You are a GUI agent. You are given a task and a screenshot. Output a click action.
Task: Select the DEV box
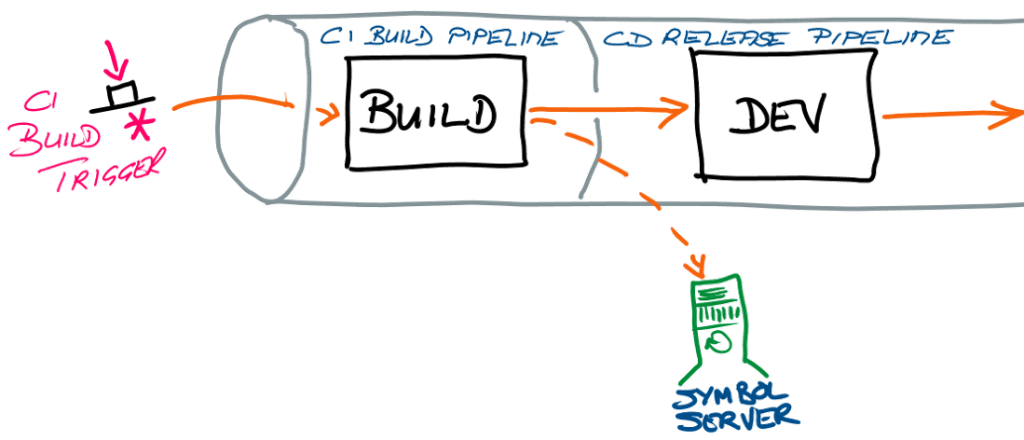point(788,113)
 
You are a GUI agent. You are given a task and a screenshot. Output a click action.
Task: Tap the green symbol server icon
point(718,322)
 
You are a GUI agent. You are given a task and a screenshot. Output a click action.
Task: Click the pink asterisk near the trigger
point(141,125)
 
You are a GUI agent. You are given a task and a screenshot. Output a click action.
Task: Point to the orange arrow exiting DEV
point(950,117)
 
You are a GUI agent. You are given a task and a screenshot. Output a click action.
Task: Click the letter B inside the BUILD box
point(375,115)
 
